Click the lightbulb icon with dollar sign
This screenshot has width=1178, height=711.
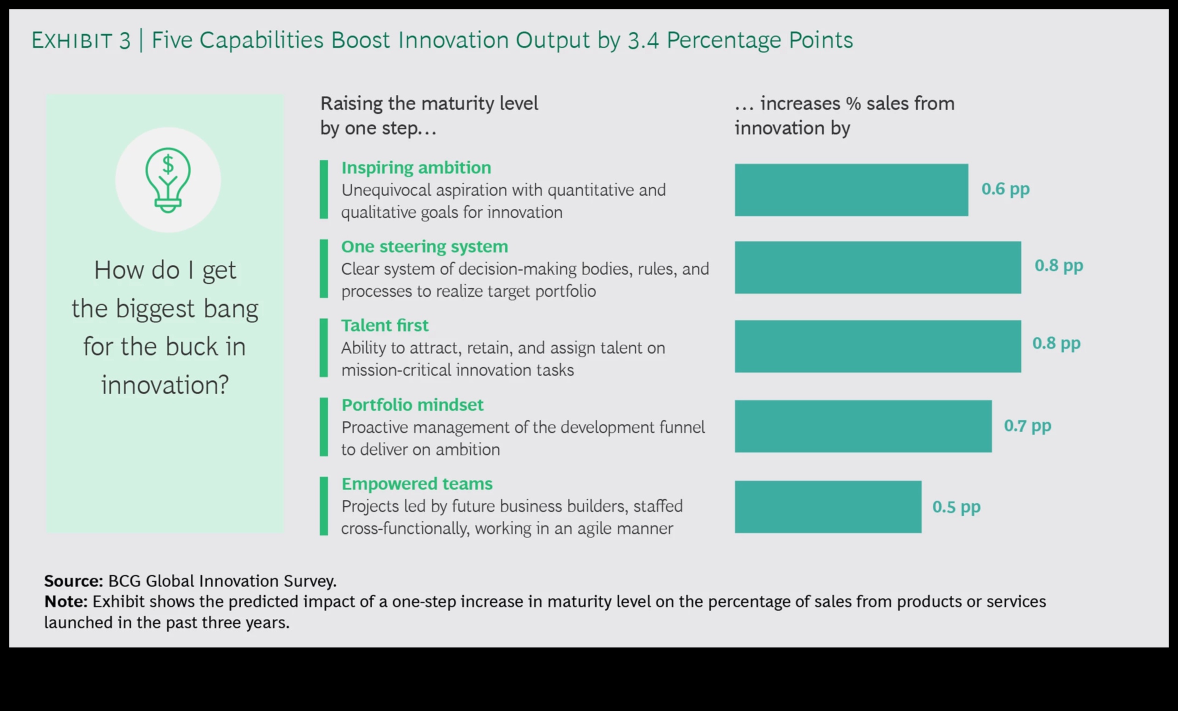pos(168,180)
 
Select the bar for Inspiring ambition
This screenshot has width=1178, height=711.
pos(851,190)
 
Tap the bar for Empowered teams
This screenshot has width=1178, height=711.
pos(827,506)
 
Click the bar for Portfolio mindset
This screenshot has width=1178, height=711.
pos(863,426)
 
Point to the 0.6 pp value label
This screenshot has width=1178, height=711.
pos(1005,189)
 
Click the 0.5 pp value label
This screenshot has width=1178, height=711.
pos(956,507)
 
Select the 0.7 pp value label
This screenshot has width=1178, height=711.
pos(1027,426)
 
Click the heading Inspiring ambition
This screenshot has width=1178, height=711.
pos(416,168)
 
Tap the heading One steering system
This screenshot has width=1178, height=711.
pos(424,247)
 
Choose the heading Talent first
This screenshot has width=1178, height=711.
pos(384,326)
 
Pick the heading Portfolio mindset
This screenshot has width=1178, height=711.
pos(412,405)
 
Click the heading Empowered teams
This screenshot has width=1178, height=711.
pos(417,484)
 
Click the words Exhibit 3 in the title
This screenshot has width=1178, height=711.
pos(81,41)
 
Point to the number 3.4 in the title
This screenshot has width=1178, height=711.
pos(643,41)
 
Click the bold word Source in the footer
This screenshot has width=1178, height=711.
pos(73,581)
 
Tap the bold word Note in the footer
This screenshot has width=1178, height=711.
pos(65,602)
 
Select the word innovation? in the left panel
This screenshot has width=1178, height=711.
pos(165,385)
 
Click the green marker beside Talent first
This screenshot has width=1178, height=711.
pos(323,348)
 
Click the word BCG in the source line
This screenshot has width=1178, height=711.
pos(124,581)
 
